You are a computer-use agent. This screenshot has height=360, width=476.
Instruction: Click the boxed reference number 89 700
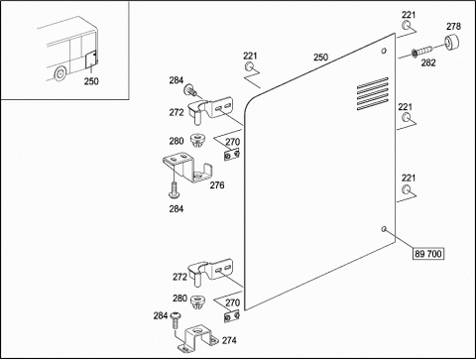(x=428, y=254)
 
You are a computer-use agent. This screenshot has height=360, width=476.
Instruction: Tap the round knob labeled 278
(x=452, y=43)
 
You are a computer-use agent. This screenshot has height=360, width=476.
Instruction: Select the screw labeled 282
(x=422, y=52)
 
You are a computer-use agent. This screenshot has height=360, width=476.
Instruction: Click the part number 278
(x=453, y=27)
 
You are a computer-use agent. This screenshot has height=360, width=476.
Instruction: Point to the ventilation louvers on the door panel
(x=373, y=93)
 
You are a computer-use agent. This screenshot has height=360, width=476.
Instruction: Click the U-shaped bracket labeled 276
(x=187, y=168)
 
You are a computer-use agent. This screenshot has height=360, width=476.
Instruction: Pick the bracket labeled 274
(x=197, y=339)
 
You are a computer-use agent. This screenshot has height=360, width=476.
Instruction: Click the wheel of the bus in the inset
(x=60, y=73)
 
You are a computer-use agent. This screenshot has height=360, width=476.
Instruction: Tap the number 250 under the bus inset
(x=91, y=81)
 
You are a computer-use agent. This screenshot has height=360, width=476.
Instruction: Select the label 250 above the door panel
(x=320, y=58)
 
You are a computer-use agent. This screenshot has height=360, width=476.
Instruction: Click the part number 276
(x=217, y=185)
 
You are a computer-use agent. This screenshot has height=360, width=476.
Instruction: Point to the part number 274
(x=229, y=340)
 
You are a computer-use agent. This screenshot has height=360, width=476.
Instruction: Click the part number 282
(x=428, y=62)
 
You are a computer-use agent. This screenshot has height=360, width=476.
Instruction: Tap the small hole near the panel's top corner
(x=384, y=51)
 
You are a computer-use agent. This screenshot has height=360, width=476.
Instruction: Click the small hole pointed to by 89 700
(x=384, y=229)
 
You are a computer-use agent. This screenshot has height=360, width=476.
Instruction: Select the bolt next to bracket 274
(x=176, y=320)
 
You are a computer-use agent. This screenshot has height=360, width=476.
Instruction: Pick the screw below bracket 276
(x=174, y=190)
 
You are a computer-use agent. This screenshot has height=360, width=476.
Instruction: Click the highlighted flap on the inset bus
(x=90, y=60)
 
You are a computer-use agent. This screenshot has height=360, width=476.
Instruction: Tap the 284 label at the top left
(x=177, y=80)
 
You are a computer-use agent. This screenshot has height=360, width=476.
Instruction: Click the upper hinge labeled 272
(x=210, y=109)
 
